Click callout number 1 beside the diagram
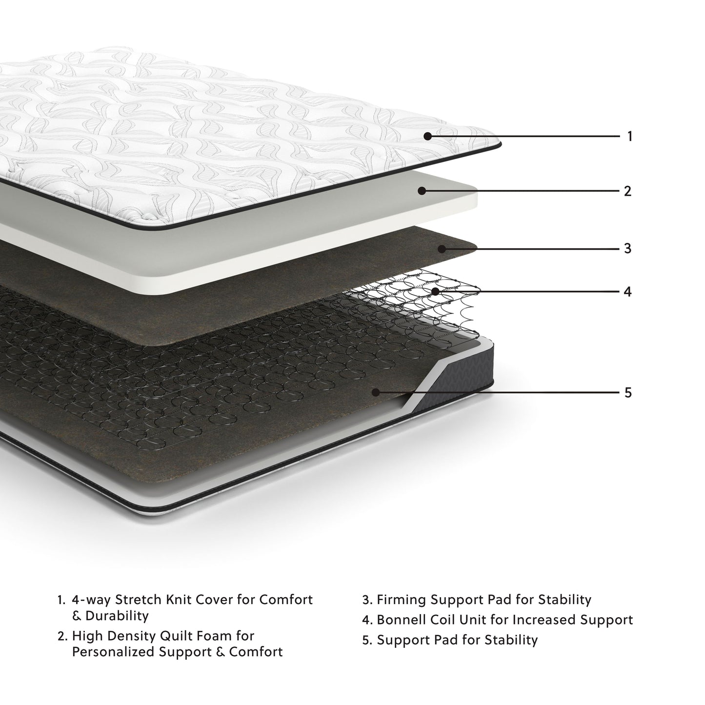629,137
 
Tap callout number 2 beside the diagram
628,191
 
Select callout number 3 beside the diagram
628,248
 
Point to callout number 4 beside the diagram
628,292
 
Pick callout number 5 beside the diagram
628,392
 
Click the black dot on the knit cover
427,137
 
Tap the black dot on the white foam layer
422,191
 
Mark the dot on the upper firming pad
441,249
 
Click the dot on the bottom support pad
376,392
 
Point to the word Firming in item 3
402,599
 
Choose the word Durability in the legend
117,616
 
